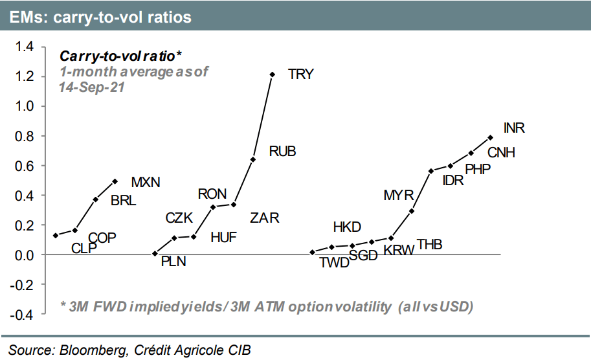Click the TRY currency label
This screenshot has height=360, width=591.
[x=301, y=74]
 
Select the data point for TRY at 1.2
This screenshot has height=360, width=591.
[x=272, y=74]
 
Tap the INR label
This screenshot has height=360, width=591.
[x=514, y=128]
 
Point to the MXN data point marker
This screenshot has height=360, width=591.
[x=115, y=181]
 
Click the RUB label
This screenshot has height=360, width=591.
[x=283, y=152]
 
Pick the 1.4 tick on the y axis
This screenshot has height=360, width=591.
[x=24, y=47]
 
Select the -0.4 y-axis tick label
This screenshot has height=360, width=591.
[x=22, y=315]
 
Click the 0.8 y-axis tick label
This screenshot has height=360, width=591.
[x=24, y=136]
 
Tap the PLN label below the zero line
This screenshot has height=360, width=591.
[x=173, y=262]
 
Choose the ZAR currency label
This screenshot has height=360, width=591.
[x=265, y=218]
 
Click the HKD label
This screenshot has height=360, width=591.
[x=347, y=227]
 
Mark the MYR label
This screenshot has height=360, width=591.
[x=399, y=196]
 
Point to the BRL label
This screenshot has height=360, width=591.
[x=123, y=201]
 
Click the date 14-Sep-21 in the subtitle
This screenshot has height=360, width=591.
[x=91, y=87]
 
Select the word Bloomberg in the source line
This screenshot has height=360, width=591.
[x=93, y=350]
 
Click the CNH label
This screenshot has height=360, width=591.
[x=501, y=153]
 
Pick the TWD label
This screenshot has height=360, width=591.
[x=335, y=263]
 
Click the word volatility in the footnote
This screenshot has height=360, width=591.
[x=363, y=307]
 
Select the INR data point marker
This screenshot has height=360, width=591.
[x=491, y=138]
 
